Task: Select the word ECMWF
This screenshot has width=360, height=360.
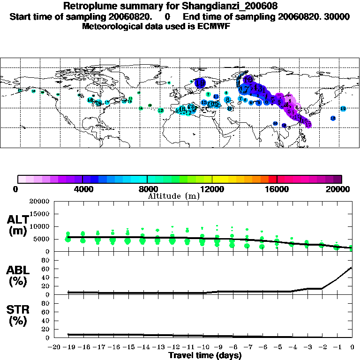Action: pyautogui.click(x=214, y=26)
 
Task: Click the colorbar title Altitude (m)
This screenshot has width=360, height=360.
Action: pyautogui.click(x=173, y=196)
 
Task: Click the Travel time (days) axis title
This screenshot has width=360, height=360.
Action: pyautogui.click(x=205, y=355)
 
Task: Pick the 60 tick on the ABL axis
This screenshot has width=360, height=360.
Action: pyautogui.click(x=46, y=269)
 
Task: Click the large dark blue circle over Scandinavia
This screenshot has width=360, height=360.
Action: pyautogui.click(x=201, y=83)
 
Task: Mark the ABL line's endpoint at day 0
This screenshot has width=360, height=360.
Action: pyautogui.click(x=352, y=268)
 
